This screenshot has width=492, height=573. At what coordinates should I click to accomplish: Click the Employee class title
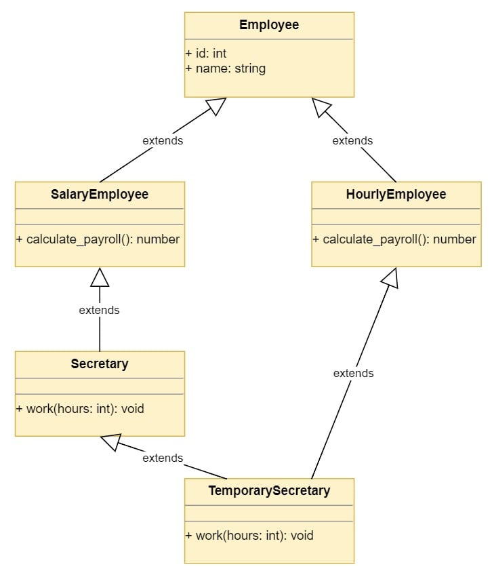tap(269, 25)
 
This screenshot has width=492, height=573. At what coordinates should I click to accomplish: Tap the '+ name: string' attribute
tap(225, 68)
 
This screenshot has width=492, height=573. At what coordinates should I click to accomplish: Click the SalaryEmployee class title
tap(100, 195)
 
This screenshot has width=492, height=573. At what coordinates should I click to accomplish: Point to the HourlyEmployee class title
tap(396, 195)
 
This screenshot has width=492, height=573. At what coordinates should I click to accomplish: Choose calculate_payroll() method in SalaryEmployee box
tap(98, 239)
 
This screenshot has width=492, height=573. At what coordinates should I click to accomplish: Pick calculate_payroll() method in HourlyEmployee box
tap(394, 239)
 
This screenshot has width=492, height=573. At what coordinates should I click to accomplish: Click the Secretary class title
tap(100, 364)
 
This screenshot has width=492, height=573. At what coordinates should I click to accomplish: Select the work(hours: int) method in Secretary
tap(80, 408)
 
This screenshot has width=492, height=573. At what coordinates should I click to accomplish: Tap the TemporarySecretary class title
tap(269, 490)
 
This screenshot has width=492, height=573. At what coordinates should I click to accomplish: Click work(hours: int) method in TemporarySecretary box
tap(249, 535)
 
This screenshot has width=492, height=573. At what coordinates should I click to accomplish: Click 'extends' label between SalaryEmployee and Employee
tap(163, 140)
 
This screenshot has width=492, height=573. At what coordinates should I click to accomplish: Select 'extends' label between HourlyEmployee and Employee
tap(352, 140)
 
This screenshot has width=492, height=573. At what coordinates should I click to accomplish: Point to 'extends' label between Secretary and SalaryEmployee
tap(100, 310)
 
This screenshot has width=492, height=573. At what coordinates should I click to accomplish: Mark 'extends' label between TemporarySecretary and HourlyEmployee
tap(353, 373)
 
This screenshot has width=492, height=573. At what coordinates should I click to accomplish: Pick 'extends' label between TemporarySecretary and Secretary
tap(163, 458)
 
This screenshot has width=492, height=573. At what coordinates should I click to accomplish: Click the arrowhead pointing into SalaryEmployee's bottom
tap(100, 277)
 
